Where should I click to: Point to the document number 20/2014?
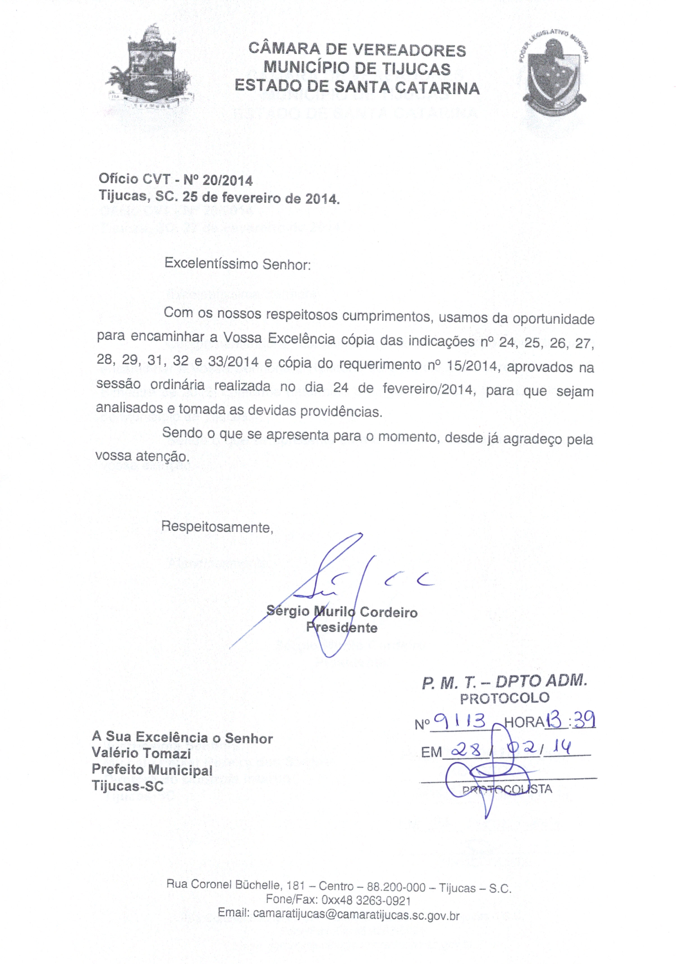(x=228, y=181)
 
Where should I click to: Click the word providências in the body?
(x=341, y=411)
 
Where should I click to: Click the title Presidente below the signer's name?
(x=342, y=628)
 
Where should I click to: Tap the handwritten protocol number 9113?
(x=459, y=722)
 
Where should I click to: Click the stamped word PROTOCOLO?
(x=504, y=698)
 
